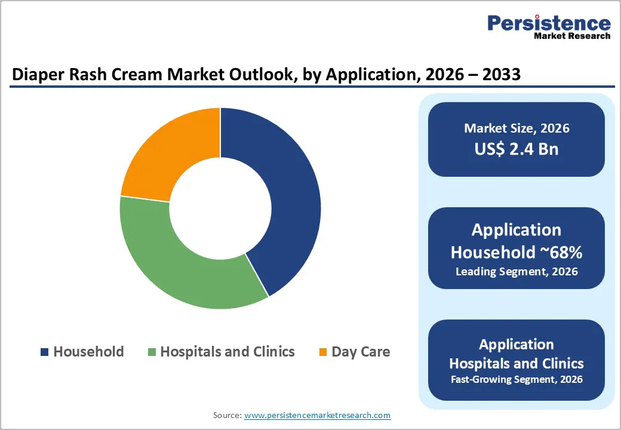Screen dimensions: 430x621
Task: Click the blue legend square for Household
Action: click(x=45, y=352)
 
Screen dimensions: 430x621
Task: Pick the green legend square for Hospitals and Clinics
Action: click(x=152, y=352)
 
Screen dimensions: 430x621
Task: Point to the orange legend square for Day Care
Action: click(x=323, y=352)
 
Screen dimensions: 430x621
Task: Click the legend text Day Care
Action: click(x=361, y=352)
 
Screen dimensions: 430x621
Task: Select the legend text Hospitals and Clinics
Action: click(x=228, y=352)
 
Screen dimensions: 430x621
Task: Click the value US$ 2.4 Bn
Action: click(x=517, y=149)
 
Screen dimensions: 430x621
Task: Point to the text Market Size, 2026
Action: click(x=517, y=128)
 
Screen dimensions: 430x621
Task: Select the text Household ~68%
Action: click(x=517, y=253)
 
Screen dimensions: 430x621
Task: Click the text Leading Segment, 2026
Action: click(x=517, y=272)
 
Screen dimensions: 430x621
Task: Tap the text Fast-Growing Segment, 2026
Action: click(x=517, y=379)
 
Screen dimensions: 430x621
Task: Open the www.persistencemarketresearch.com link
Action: click(x=318, y=415)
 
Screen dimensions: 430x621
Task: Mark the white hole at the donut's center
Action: click(x=220, y=208)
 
